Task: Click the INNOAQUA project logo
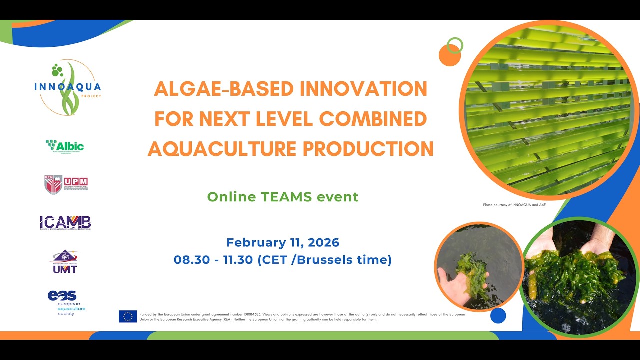(x=68, y=88)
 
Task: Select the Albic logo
(x=65, y=146)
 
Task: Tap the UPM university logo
(x=66, y=184)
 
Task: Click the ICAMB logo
(x=65, y=223)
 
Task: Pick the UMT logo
(x=65, y=261)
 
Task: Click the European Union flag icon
(x=128, y=316)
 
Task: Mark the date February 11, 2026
(x=283, y=243)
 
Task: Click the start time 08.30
(x=188, y=260)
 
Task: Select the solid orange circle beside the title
(x=449, y=55)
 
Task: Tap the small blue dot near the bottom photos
(x=498, y=315)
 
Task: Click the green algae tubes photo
(x=548, y=110)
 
